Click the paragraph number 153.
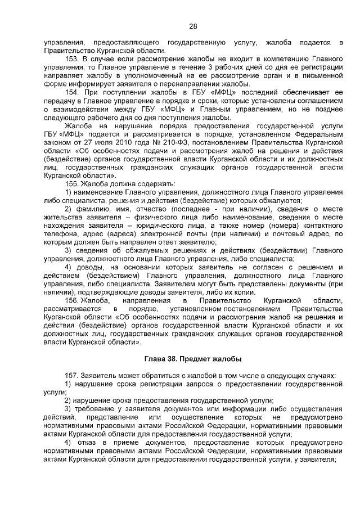pos(73,58)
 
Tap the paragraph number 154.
pos(73,92)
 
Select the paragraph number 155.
pos(73,184)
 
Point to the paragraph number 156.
pos(73,301)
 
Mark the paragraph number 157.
pos(73,375)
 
